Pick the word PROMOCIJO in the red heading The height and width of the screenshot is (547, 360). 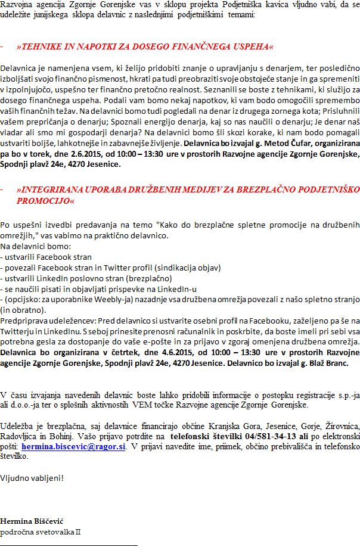pyautogui.click(x=46, y=201)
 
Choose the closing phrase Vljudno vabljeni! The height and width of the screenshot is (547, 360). pyautogui.click(x=32, y=477)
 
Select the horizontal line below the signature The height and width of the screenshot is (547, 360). pyautogui.click(x=69, y=545)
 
